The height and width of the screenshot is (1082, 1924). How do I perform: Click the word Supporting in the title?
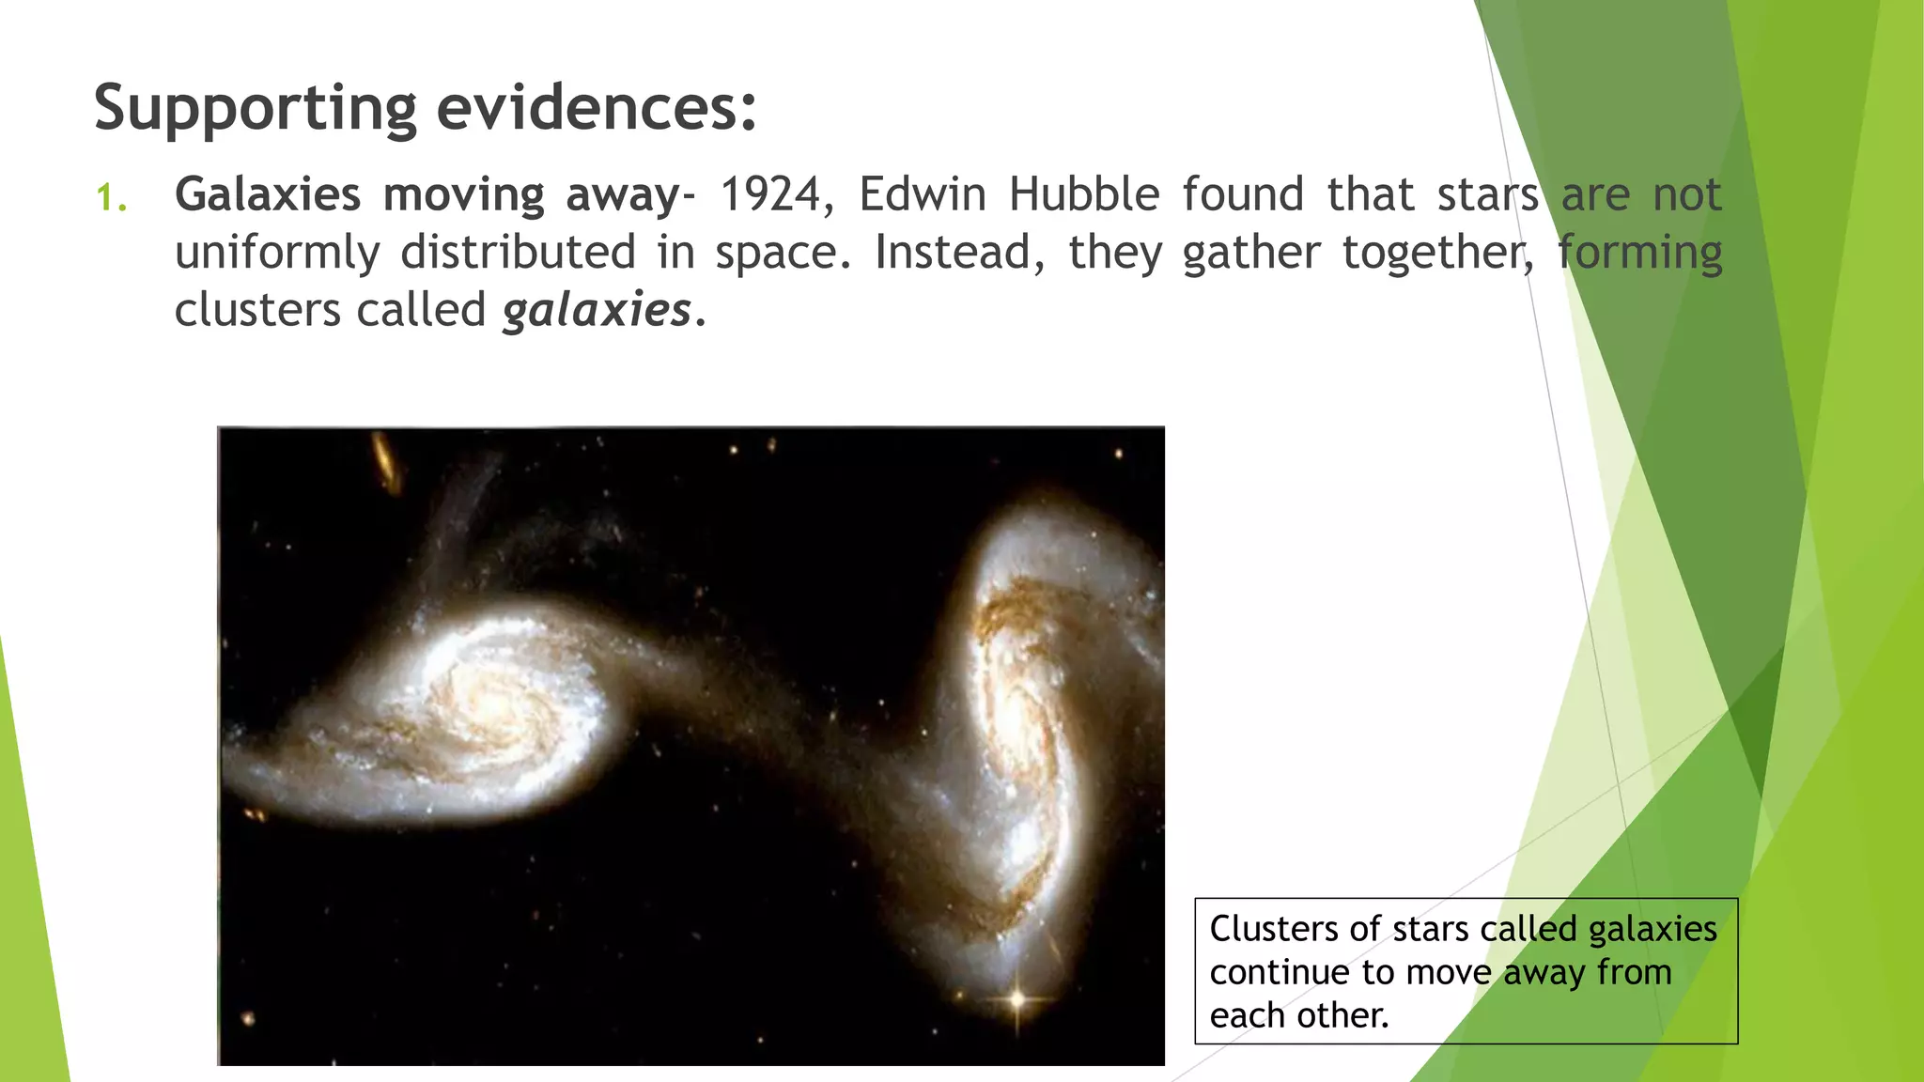tap(255, 108)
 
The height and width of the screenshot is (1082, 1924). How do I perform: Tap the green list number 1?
tap(110, 197)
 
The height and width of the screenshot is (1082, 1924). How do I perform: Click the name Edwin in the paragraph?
tap(922, 195)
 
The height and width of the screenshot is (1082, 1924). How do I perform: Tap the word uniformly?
tap(277, 254)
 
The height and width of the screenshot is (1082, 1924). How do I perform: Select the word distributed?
tap(518, 253)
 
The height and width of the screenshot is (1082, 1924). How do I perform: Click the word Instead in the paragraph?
tap(951, 253)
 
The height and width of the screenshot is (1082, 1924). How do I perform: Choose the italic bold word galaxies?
tap(597, 311)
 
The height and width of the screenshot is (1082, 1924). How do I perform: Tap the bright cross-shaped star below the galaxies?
tap(1016, 999)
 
